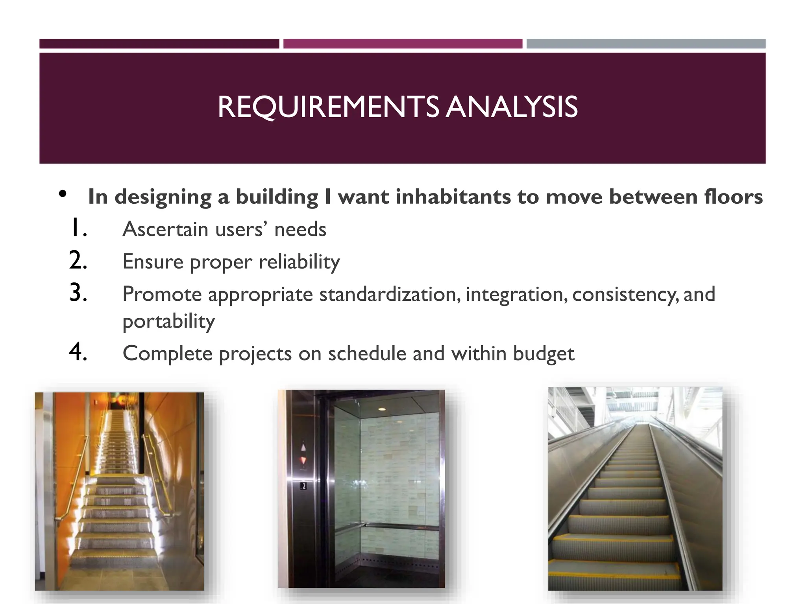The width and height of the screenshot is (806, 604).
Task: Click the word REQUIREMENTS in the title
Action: click(327, 107)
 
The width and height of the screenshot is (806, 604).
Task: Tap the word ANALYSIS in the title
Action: click(512, 107)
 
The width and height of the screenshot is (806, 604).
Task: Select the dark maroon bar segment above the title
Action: click(159, 44)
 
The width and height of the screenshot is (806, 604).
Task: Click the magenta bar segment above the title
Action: click(403, 44)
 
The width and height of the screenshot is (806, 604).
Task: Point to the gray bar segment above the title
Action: click(646, 44)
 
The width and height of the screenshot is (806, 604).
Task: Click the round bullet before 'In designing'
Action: click(63, 194)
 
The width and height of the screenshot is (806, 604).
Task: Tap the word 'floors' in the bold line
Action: click(733, 197)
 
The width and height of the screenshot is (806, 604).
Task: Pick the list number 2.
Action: click(78, 261)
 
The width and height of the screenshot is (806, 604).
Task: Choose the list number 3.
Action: click(78, 293)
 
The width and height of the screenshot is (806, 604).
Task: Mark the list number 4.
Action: click(78, 352)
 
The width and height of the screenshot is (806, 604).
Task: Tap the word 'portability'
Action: click(168, 322)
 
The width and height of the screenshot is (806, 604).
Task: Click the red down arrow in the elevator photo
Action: click(303, 460)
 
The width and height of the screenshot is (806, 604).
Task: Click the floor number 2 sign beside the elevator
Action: click(303, 486)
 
